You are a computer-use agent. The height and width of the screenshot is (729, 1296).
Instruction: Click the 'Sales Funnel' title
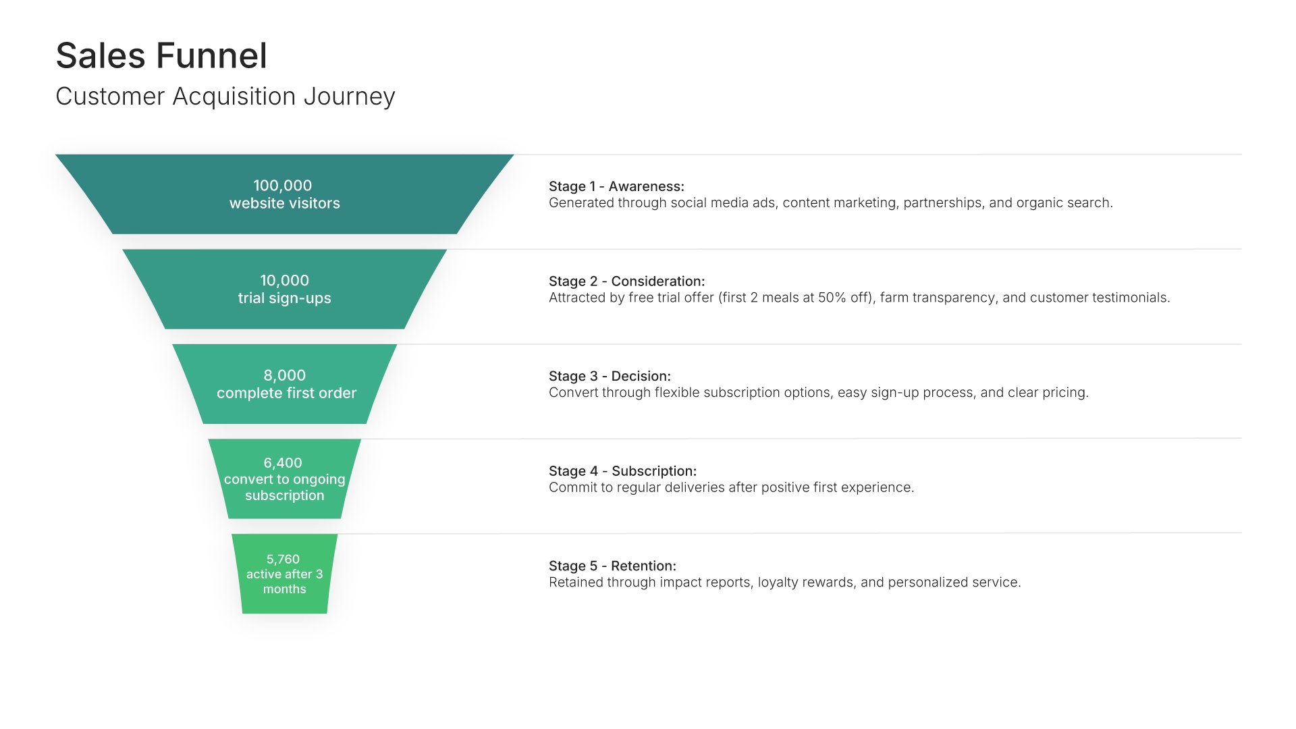pos(161,55)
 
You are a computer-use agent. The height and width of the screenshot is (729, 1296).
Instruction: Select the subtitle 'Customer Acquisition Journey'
pos(225,97)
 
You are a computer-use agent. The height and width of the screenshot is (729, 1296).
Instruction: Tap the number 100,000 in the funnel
pos(283,186)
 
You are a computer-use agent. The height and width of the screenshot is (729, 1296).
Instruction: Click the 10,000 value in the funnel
pos(284,280)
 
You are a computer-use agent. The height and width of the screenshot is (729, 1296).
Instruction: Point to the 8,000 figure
pos(284,375)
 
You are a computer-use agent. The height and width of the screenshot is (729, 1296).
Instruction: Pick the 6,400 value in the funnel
pos(283,463)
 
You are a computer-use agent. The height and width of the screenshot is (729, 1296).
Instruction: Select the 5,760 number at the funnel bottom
pos(283,559)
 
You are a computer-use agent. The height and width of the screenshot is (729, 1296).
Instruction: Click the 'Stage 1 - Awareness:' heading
pos(616,186)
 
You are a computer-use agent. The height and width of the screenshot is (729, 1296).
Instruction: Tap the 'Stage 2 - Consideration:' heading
pos(626,281)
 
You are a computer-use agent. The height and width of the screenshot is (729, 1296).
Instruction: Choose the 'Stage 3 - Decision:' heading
pos(610,376)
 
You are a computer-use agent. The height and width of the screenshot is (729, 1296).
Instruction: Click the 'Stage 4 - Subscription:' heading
pos(622,471)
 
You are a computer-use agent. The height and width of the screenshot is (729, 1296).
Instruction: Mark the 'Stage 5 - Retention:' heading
pos(612,566)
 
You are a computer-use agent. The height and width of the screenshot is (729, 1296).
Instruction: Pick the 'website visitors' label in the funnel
pos(284,203)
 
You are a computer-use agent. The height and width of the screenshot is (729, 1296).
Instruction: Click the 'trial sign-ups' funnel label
pos(284,298)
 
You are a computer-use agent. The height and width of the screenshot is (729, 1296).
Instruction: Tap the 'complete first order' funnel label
pos(286,393)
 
